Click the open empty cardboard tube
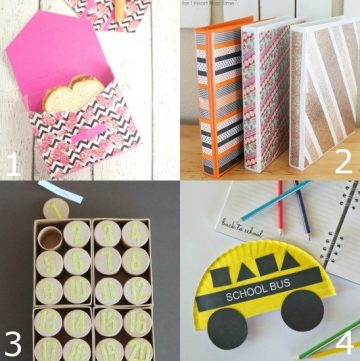pos(50,237)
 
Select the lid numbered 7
pos(107,261)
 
